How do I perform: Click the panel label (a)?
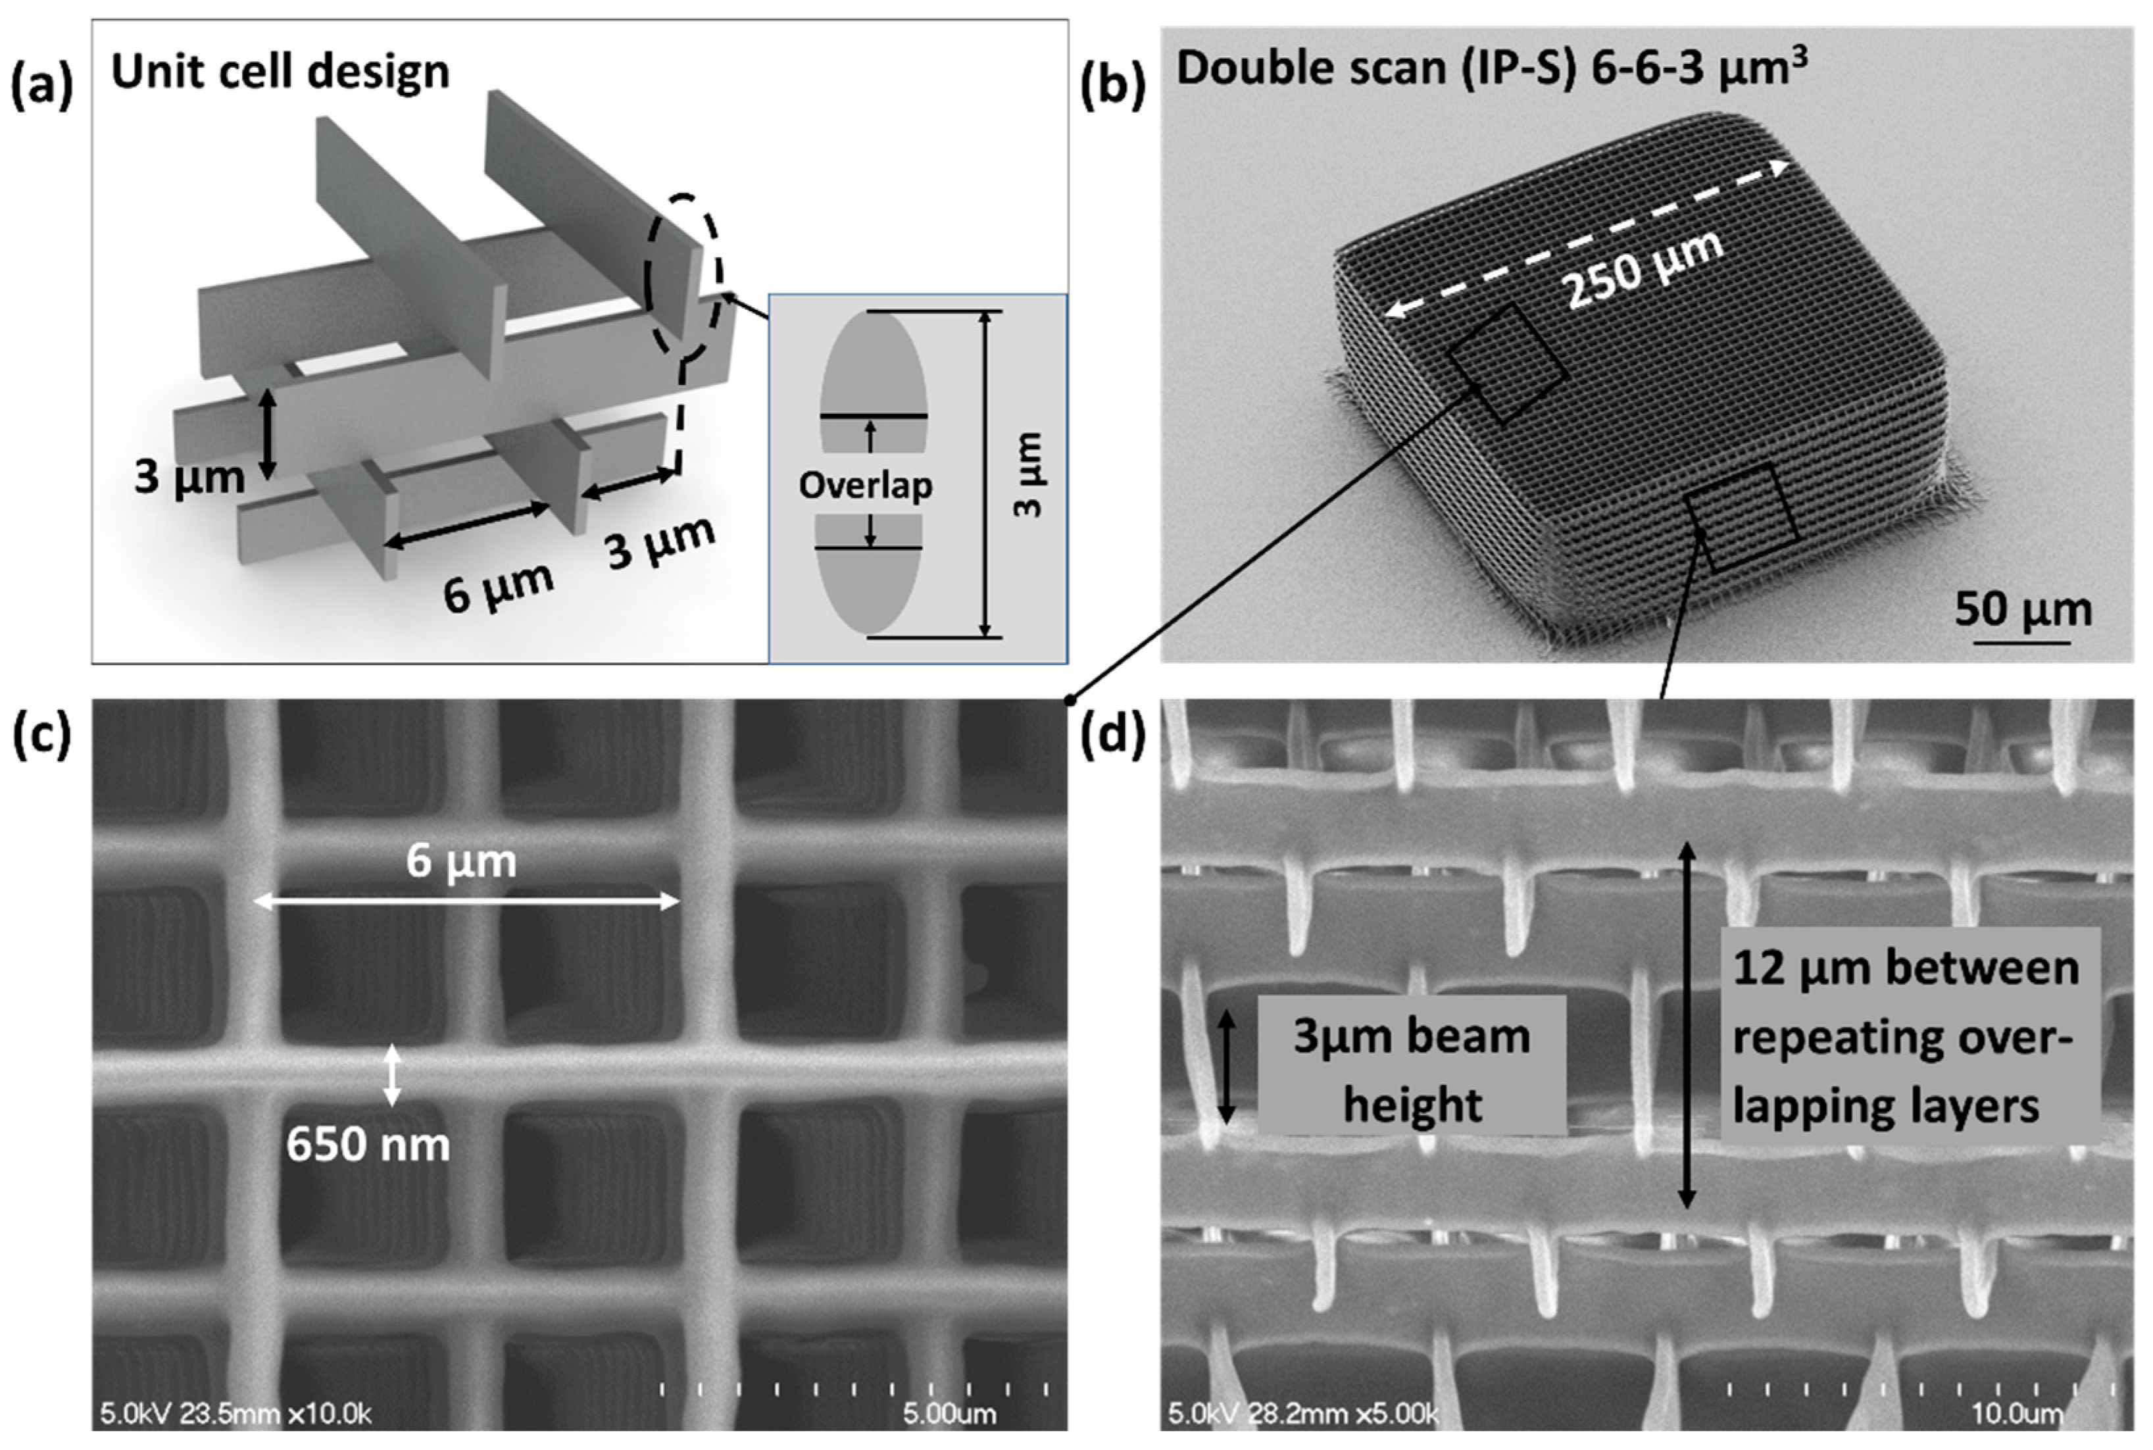(x=41, y=88)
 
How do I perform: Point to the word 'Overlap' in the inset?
(x=865, y=485)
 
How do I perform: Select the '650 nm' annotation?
(x=367, y=1145)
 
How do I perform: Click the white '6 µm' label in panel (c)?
(x=461, y=861)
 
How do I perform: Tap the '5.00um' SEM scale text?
(x=949, y=1414)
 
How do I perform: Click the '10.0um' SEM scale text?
(x=2017, y=1414)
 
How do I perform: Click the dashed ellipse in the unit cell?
(x=683, y=276)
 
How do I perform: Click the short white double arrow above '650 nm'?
(x=392, y=1074)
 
